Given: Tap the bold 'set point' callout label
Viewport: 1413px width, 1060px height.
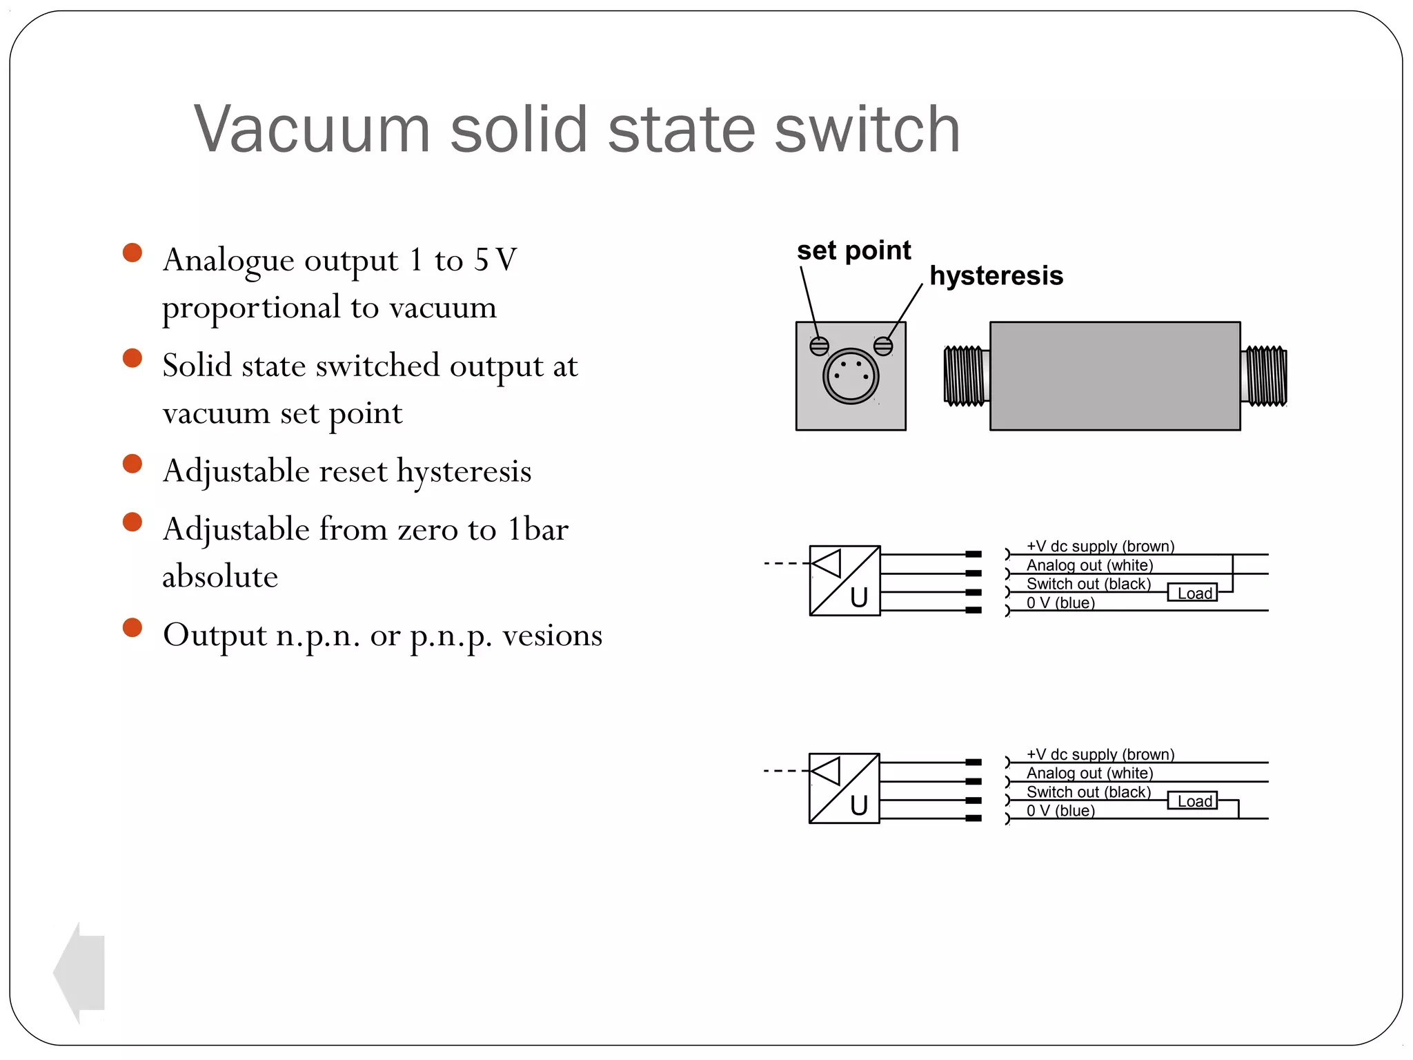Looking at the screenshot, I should coord(853,250).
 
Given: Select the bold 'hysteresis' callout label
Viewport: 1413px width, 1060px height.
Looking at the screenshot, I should coord(996,275).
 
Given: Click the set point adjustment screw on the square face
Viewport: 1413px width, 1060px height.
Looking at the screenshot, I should coord(819,346).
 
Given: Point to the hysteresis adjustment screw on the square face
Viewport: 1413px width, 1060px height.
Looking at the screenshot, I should coord(883,346).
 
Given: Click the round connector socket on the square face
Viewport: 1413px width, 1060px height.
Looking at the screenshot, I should coord(851,376).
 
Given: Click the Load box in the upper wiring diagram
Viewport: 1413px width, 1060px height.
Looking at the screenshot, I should coord(1193,593).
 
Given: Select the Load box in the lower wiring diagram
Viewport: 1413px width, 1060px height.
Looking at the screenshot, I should coord(1193,801).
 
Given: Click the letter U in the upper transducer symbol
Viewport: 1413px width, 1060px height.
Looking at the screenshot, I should coord(859,597).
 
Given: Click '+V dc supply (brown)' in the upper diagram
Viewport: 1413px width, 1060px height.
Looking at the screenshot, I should coord(1100,546).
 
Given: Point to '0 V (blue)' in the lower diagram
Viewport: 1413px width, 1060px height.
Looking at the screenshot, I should coord(1060,810).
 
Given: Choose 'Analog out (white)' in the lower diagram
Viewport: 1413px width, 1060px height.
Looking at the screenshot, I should coord(1089,773).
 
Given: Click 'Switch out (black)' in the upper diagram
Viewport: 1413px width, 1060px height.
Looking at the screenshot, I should coord(1089,584).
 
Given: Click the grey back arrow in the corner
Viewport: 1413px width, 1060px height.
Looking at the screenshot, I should coord(79,973).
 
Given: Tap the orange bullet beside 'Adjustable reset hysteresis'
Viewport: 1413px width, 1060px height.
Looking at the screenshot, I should coord(132,464).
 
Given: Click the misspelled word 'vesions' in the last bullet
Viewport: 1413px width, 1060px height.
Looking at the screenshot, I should coord(552,635).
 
